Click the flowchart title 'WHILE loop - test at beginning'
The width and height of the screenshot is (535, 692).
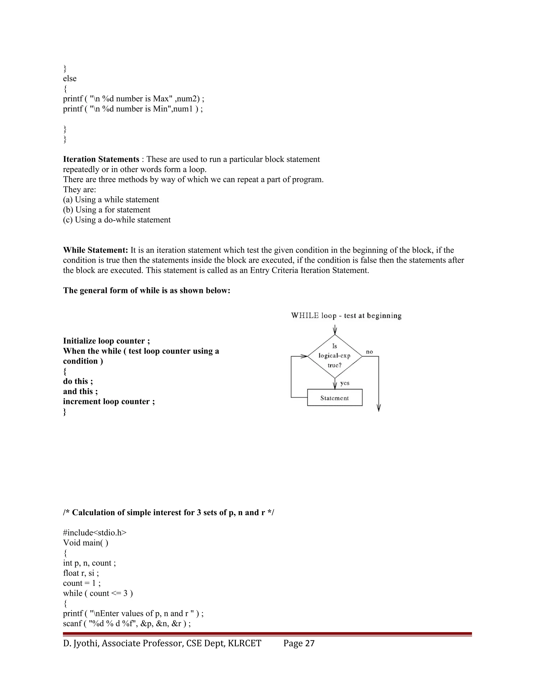(346, 316)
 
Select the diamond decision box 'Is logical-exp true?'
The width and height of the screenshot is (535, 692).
(335, 356)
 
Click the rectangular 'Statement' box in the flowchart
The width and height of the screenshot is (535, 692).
(335, 398)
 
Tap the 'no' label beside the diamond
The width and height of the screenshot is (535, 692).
(369, 352)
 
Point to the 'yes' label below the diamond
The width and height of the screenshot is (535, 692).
(345, 383)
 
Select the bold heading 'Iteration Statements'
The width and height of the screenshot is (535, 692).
(101, 159)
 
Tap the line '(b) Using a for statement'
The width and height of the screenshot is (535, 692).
(107, 210)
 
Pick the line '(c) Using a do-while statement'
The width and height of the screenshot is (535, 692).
(117, 220)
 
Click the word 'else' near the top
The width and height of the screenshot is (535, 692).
(70, 79)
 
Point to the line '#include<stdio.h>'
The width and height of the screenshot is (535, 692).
(95, 533)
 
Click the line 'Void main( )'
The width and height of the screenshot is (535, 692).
(86, 543)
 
